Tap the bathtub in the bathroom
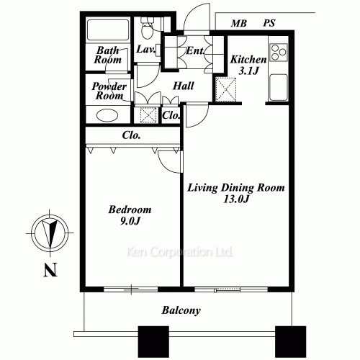(107, 31)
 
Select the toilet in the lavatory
(147, 29)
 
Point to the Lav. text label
(146, 50)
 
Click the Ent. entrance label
(194, 51)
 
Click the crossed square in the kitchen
(227, 89)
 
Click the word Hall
(183, 86)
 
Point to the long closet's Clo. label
(131, 135)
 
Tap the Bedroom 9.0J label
(130, 215)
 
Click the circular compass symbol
(48, 233)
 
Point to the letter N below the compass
(48, 271)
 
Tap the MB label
(238, 24)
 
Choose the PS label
(269, 24)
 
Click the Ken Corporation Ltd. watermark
(180, 253)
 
